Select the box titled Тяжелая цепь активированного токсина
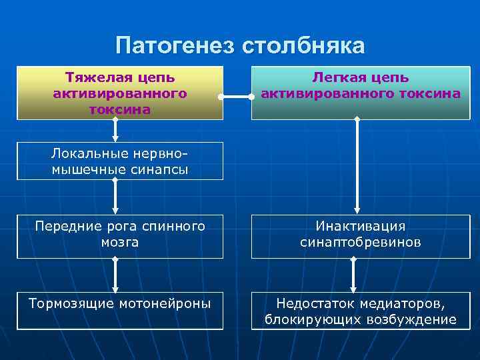120,93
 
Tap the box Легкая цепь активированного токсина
361,93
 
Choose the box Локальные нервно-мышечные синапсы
120,161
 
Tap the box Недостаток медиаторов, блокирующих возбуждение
361,311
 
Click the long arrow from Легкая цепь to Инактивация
357,167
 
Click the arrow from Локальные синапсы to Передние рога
117,197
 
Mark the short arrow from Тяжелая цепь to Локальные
117,131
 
